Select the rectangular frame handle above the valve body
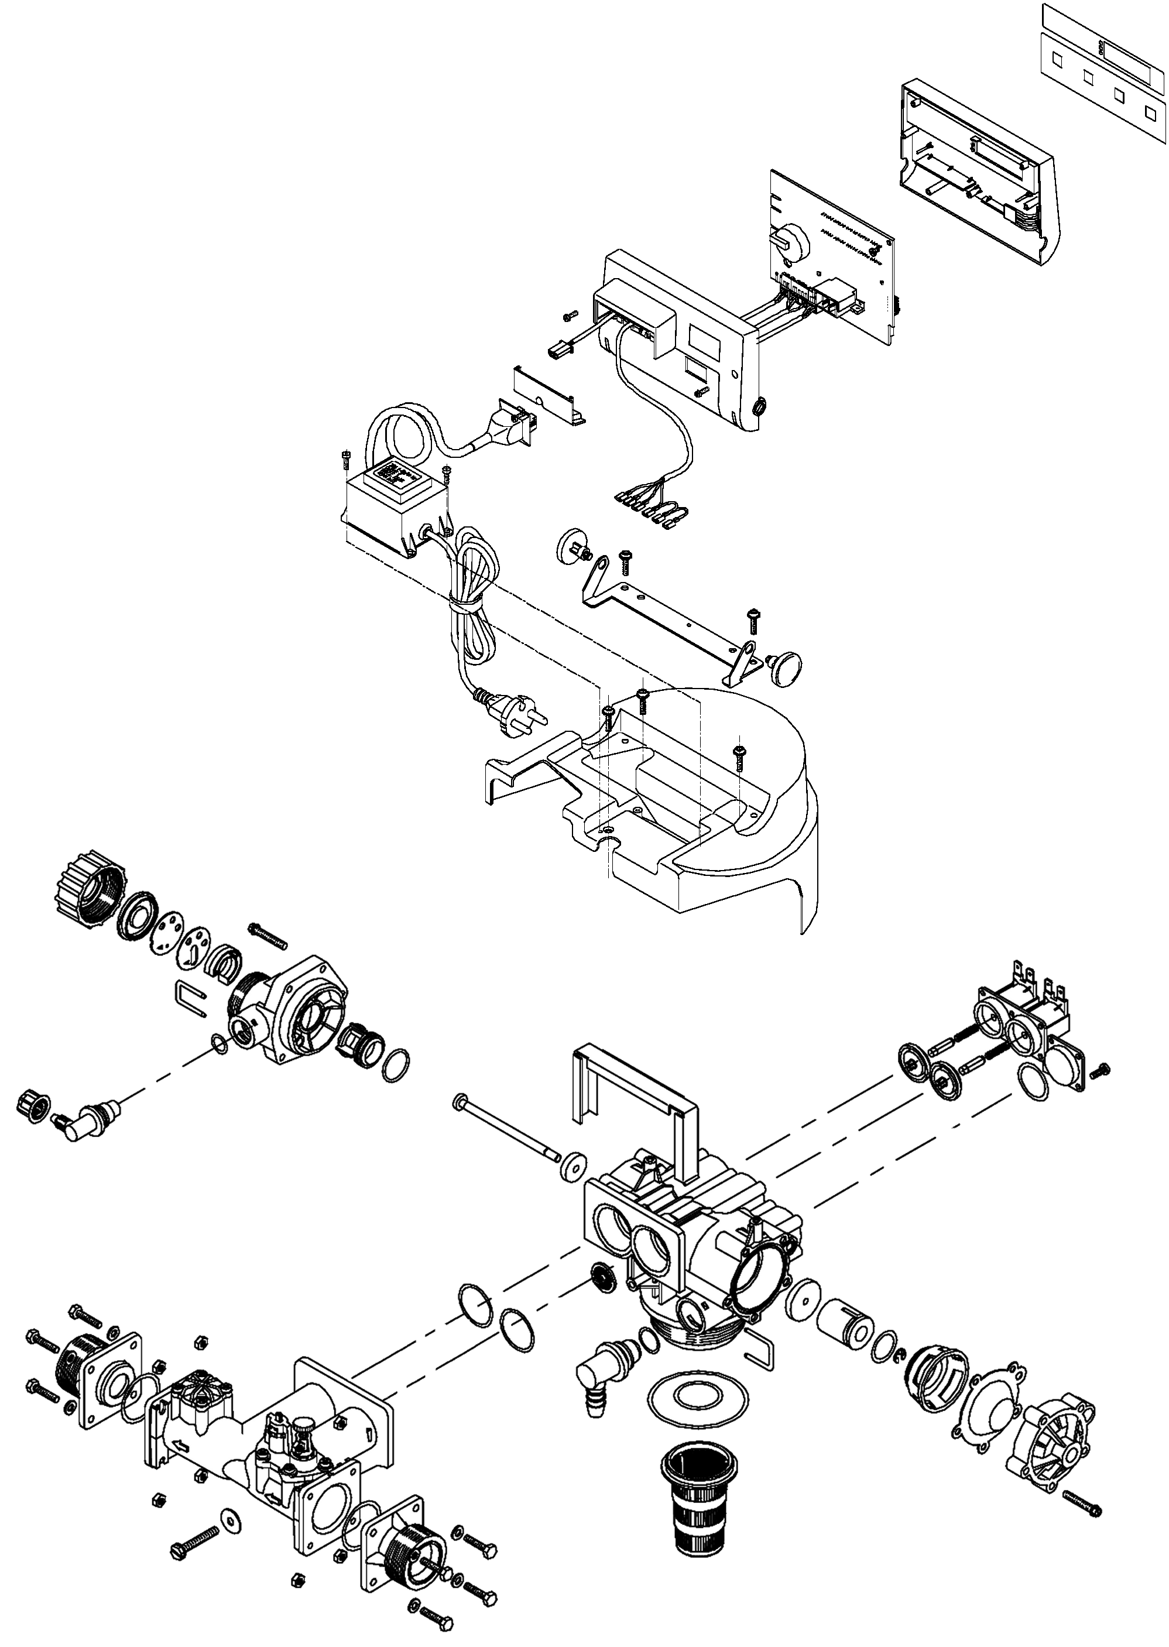click(x=633, y=1094)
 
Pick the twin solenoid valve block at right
click(x=1022, y=1008)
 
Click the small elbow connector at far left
click(x=80, y=1123)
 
